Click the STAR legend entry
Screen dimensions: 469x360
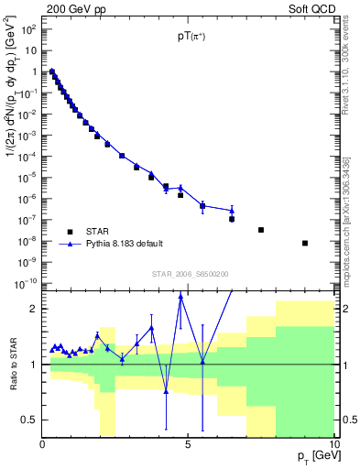(101, 231)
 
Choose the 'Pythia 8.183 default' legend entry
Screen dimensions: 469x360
(124, 244)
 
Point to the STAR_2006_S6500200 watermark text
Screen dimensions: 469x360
(190, 274)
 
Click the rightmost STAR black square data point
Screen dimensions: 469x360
(305, 243)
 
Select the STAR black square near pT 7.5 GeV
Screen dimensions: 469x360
(261, 230)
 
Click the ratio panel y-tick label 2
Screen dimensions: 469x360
(32, 309)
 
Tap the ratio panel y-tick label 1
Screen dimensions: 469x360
(32, 365)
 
